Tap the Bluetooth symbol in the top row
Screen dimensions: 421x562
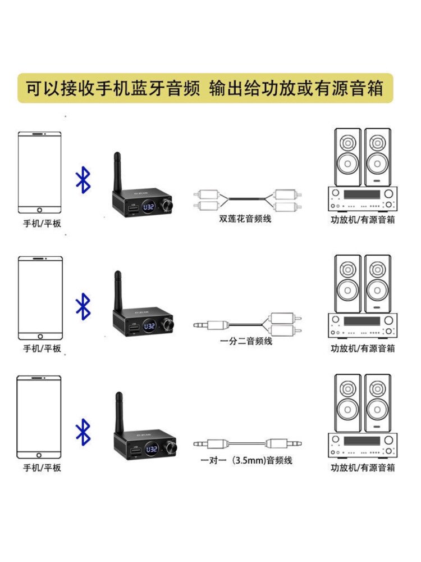coord(84,180)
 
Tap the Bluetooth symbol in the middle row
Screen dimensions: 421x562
coord(84,307)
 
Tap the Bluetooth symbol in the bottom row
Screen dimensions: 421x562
coord(84,431)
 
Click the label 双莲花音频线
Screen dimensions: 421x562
coord(245,219)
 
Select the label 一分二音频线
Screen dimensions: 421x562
coord(245,341)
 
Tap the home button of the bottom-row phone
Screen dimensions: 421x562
coord(39,454)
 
